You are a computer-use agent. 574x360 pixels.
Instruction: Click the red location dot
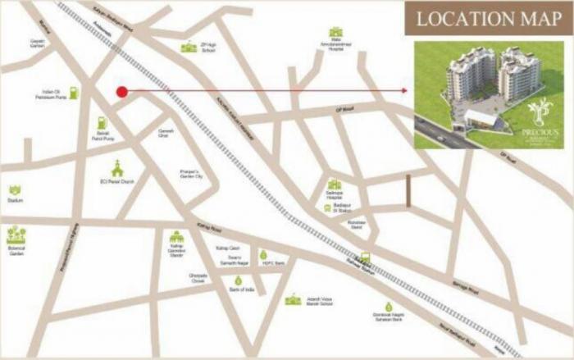coord(121,91)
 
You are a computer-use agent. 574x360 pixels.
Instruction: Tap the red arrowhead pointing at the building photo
coord(405,91)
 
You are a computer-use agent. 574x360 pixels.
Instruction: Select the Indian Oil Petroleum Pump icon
coord(74,93)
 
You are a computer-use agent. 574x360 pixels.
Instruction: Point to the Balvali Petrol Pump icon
coord(102,123)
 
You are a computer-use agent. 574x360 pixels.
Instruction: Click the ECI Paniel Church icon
coord(116,167)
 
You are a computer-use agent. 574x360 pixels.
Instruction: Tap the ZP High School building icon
coord(189,47)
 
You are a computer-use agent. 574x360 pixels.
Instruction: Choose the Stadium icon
coord(15,190)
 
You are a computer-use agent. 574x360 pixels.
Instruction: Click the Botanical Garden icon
coord(16,235)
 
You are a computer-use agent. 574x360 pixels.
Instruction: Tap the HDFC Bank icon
coord(264,255)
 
